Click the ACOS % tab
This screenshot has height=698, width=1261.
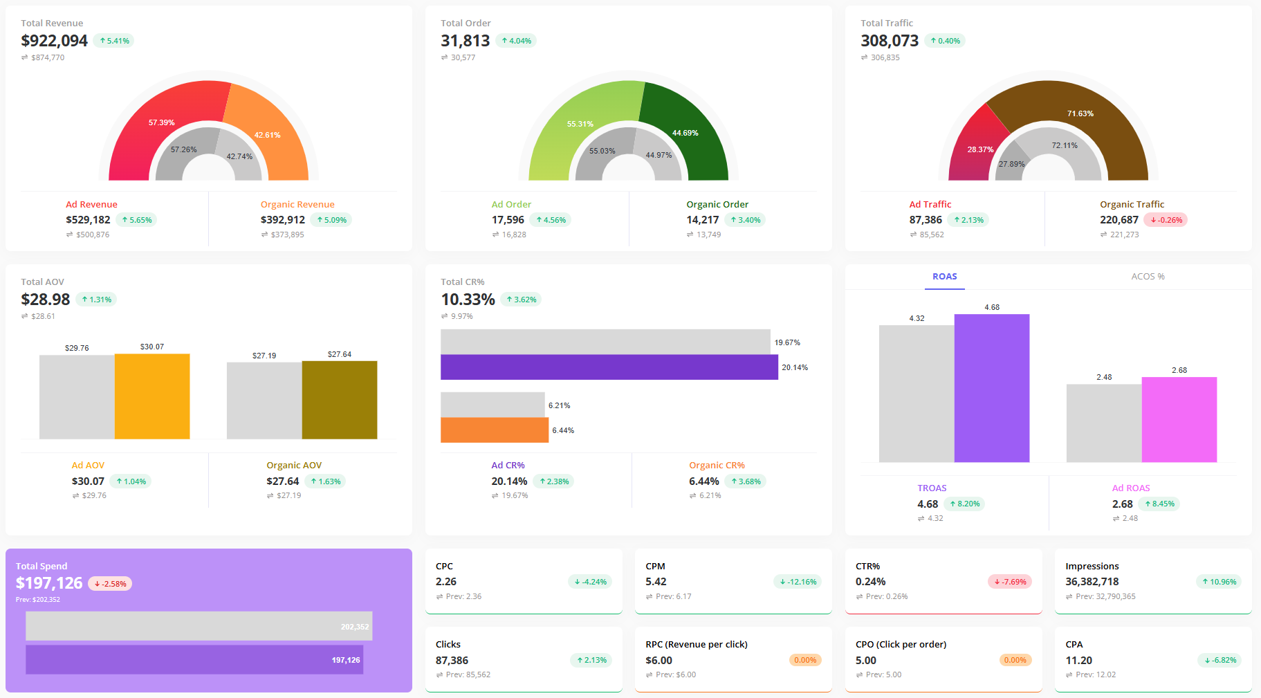(x=1148, y=277)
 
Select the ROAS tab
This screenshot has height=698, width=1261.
(x=944, y=277)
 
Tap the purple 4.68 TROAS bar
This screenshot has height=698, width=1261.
(x=991, y=388)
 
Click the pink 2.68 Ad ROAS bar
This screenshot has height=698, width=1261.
(x=1179, y=419)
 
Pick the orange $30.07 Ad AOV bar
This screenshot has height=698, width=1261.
(x=152, y=396)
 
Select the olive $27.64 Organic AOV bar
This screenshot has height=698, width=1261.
(x=340, y=400)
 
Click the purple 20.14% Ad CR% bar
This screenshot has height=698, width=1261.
(x=609, y=367)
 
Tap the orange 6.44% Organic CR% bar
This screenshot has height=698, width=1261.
(x=494, y=430)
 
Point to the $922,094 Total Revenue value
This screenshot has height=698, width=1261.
(x=55, y=41)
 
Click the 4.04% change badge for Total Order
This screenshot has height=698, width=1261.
(x=516, y=41)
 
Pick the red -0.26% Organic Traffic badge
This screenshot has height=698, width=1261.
(x=1166, y=220)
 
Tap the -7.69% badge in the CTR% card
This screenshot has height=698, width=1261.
(x=1010, y=582)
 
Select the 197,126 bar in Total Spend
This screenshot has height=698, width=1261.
(x=194, y=660)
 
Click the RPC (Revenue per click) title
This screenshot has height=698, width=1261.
(x=696, y=644)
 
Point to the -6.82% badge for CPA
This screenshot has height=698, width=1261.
(x=1219, y=660)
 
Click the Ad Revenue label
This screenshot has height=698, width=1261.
(x=91, y=204)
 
